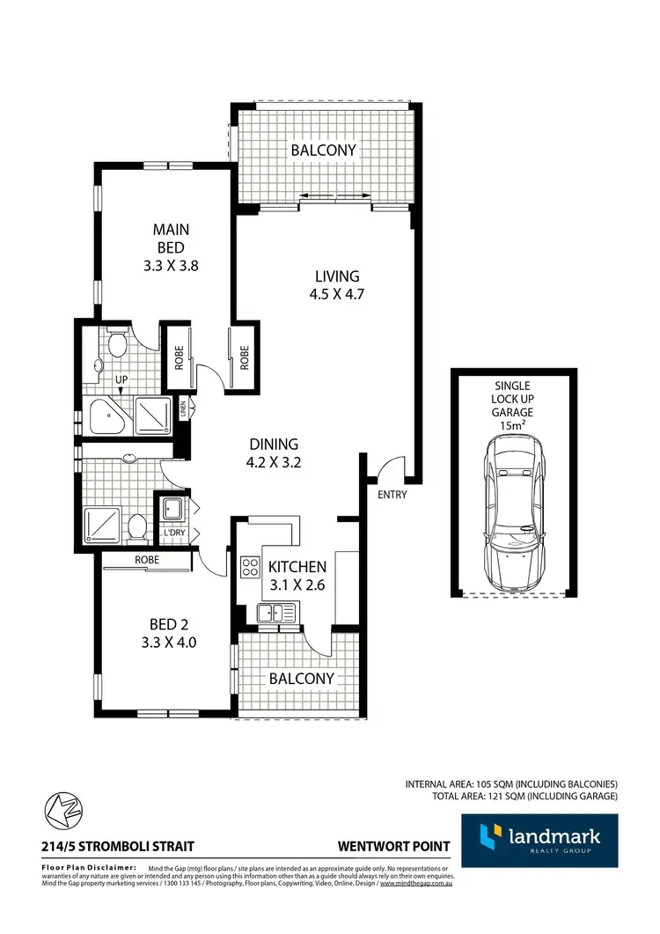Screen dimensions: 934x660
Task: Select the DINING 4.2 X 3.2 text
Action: point(273,452)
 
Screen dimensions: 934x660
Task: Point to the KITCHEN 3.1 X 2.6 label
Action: point(297,575)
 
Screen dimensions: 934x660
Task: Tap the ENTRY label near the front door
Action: point(392,495)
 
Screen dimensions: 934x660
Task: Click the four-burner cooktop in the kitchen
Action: point(249,565)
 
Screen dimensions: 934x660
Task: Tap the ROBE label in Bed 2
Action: point(146,560)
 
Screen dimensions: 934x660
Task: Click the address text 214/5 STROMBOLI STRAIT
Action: point(118,847)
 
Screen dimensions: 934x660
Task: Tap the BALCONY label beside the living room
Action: point(324,151)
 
